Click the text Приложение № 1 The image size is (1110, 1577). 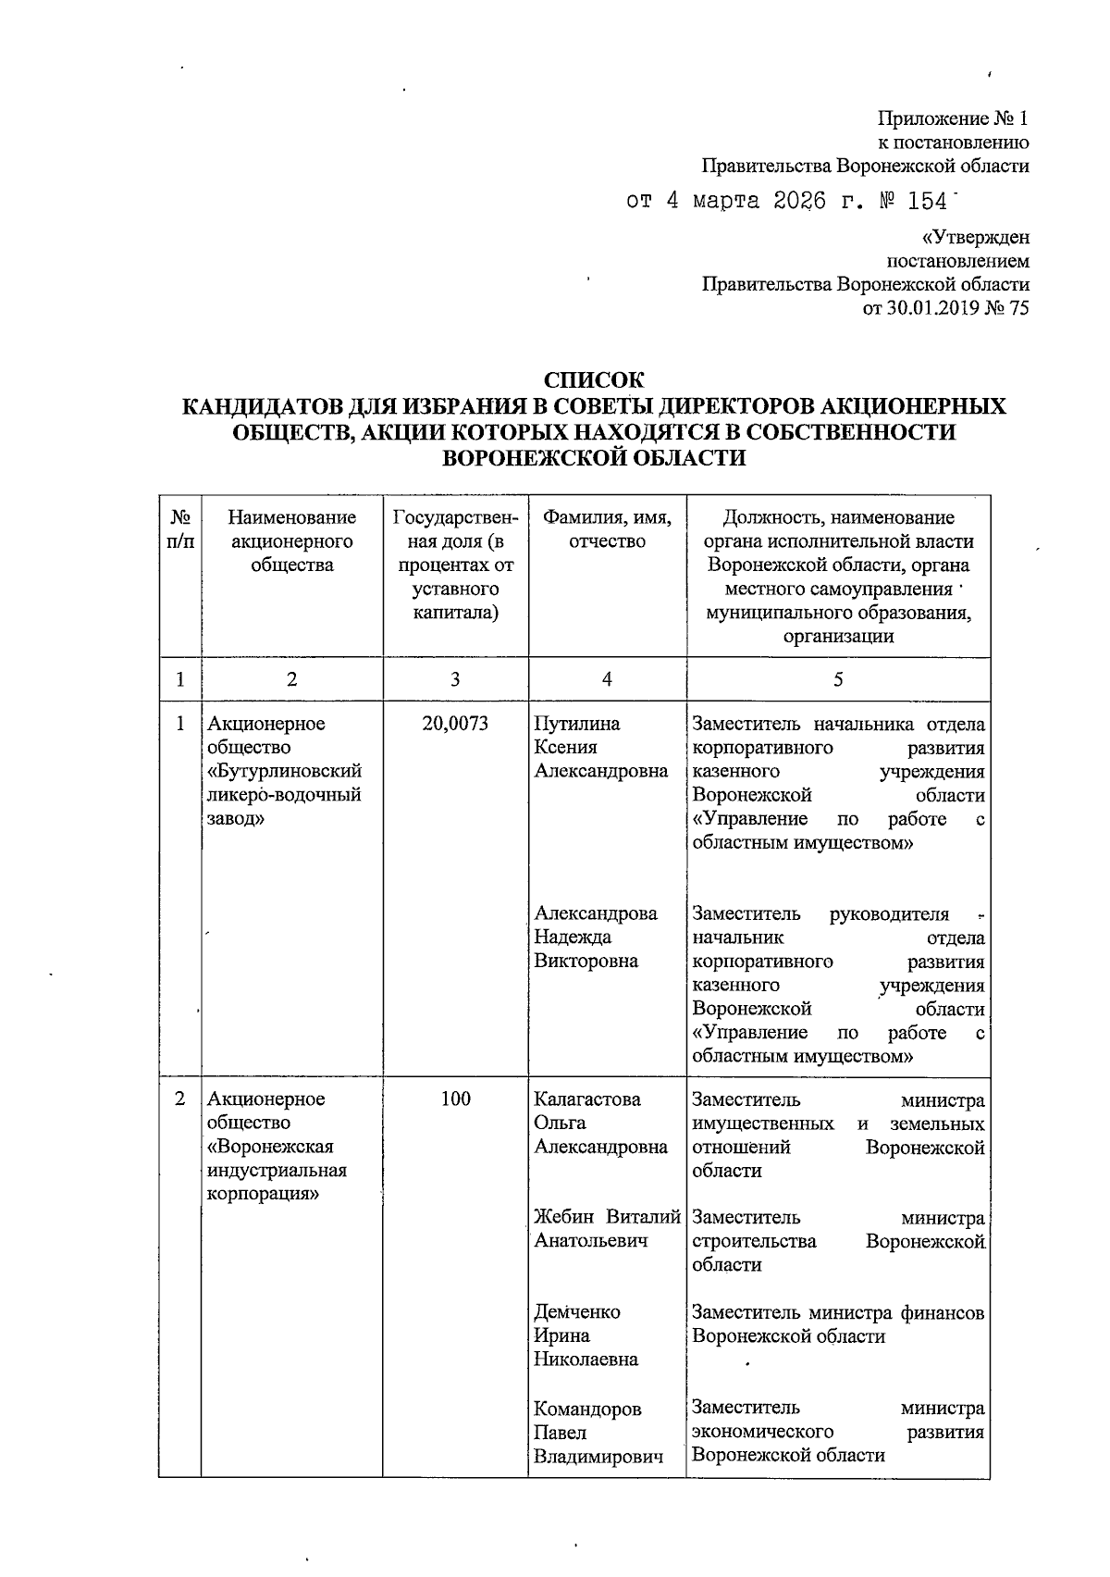tap(953, 119)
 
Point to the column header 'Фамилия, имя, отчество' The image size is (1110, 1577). tap(607, 529)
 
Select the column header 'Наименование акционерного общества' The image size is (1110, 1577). tap(291, 541)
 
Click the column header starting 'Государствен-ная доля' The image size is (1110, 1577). tap(455, 565)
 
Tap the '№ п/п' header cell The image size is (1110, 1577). tap(180, 529)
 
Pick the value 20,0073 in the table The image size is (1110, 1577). tap(455, 724)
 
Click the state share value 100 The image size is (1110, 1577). tap(455, 1099)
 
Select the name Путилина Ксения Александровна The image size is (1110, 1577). tap(600, 748)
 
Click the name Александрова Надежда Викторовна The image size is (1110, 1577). tap(596, 938)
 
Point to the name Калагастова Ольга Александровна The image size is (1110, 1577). tap(600, 1123)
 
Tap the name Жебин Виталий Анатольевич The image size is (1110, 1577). tap(607, 1229)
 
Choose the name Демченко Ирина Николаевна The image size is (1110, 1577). tap(586, 1335)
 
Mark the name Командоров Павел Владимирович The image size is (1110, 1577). tap(598, 1433)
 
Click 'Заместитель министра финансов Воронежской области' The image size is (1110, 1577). tap(837, 1324)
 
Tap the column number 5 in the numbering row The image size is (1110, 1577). tap(838, 679)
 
